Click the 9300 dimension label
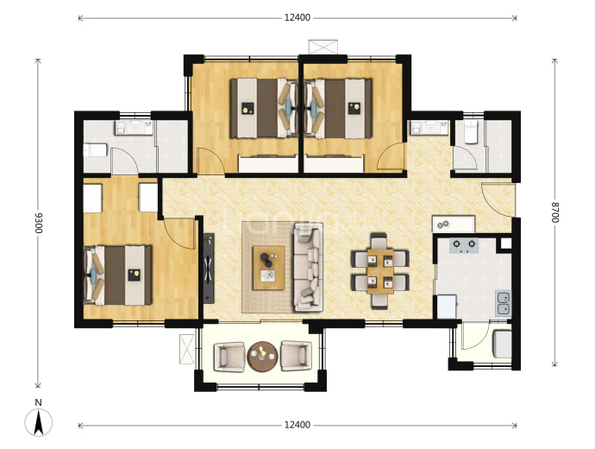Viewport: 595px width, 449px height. (x=39, y=224)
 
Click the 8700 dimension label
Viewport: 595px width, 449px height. (x=555, y=212)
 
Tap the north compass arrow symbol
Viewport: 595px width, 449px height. (x=38, y=423)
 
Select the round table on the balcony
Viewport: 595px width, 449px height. (x=263, y=357)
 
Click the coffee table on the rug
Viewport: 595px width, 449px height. (x=269, y=268)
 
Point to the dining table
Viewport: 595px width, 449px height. (x=380, y=271)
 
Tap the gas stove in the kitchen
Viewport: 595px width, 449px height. (x=464, y=245)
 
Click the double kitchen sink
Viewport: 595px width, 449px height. (x=504, y=303)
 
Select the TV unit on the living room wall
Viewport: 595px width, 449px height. (x=209, y=269)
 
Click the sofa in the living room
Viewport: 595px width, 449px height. (x=309, y=267)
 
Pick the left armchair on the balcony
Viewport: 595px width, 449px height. (x=229, y=357)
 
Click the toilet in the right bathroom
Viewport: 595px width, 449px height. (x=471, y=132)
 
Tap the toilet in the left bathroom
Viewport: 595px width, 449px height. (x=95, y=150)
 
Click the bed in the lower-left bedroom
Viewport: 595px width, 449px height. (x=117, y=275)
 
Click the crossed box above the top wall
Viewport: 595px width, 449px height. (x=323, y=47)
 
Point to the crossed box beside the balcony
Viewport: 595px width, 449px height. (x=187, y=349)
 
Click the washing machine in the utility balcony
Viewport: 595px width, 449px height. (x=502, y=344)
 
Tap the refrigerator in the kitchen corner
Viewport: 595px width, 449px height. (x=447, y=307)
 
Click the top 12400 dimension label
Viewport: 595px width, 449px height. (x=297, y=17)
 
